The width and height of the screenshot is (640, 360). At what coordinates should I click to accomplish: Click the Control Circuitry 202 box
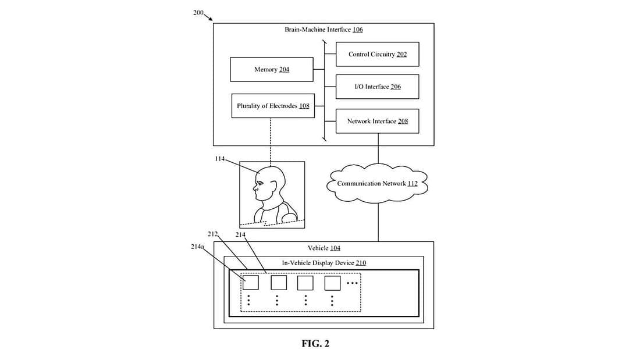[x=377, y=54]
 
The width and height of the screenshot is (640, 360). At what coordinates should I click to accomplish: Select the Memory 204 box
[x=272, y=69]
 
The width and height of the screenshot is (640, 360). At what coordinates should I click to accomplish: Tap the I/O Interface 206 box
[x=377, y=87]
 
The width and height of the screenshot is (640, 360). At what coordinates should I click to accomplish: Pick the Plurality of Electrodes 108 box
[x=273, y=106]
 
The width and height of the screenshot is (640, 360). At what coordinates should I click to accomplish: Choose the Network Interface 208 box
[x=377, y=121]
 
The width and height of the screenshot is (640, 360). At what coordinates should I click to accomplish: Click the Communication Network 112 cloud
[x=378, y=183]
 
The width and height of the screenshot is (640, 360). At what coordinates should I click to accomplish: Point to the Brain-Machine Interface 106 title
[x=323, y=29]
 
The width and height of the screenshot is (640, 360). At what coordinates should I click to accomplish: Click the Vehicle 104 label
[x=324, y=248]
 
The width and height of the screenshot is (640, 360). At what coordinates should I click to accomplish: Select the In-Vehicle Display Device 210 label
[x=324, y=263]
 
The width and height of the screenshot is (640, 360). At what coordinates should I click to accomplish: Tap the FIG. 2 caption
[x=315, y=344]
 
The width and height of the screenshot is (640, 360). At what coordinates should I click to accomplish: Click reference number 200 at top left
[x=198, y=13]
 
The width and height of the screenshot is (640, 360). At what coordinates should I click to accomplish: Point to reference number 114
[x=219, y=159]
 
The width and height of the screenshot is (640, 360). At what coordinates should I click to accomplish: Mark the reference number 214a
[x=198, y=247]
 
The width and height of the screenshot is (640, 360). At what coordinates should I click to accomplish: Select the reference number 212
[x=212, y=234]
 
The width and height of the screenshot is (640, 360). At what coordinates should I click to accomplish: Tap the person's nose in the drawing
[x=254, y=187]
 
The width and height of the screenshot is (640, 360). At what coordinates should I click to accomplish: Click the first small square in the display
[x=250, y=283]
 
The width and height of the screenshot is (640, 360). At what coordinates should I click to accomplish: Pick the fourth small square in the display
[x=332, y=283]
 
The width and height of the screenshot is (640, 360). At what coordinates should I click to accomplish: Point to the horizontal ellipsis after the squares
[x=353, y=283]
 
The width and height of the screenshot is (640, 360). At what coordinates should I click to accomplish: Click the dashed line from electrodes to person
[x=271, y=140]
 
